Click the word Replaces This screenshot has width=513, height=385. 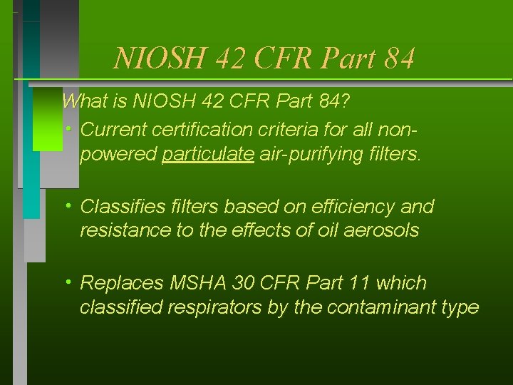pos(122,283)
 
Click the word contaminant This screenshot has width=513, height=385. pos(389,307)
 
